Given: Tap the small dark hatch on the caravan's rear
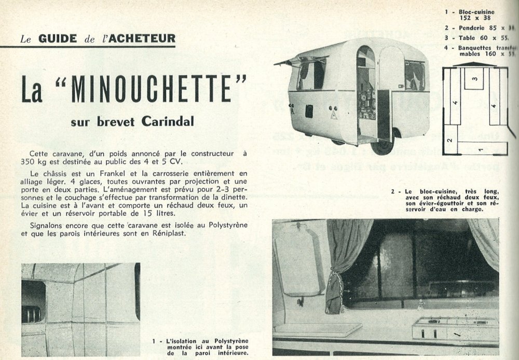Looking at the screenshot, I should [x=309, y=110].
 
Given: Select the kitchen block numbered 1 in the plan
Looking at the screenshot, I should [x=480, y=150].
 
